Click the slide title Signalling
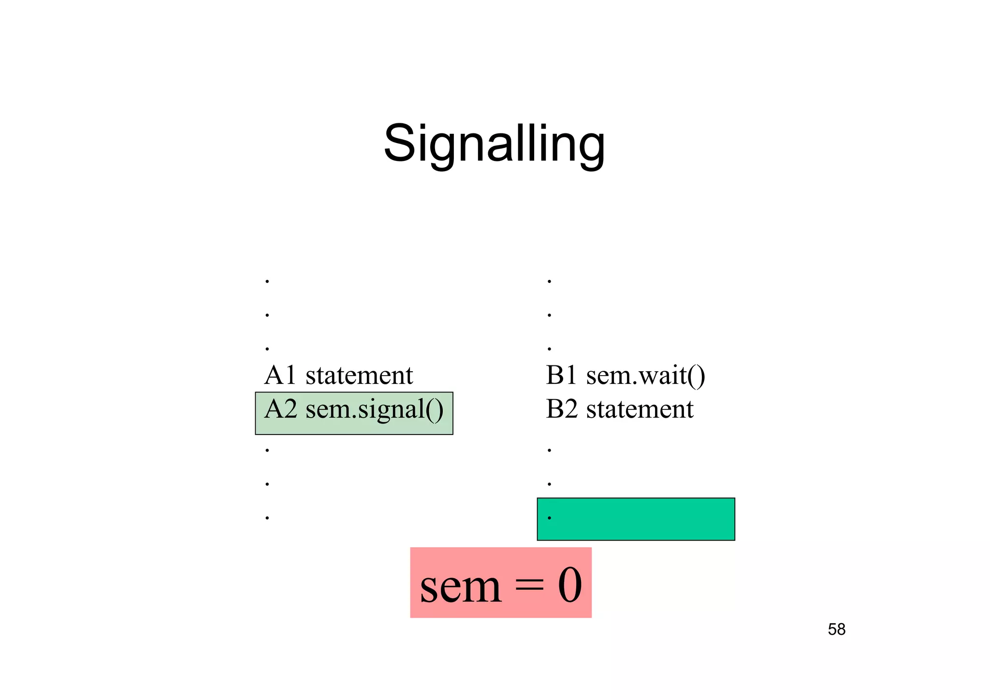point(494,144)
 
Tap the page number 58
point(836,629)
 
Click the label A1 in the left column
point(280,375)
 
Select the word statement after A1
point(359,376)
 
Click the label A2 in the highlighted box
point(280,409)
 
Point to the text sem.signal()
point(374,410)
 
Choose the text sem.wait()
point(645,376)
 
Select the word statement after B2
point(640,409)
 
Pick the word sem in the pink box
point(460,587)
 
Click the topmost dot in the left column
point(267,281)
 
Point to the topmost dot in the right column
point(549,281)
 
